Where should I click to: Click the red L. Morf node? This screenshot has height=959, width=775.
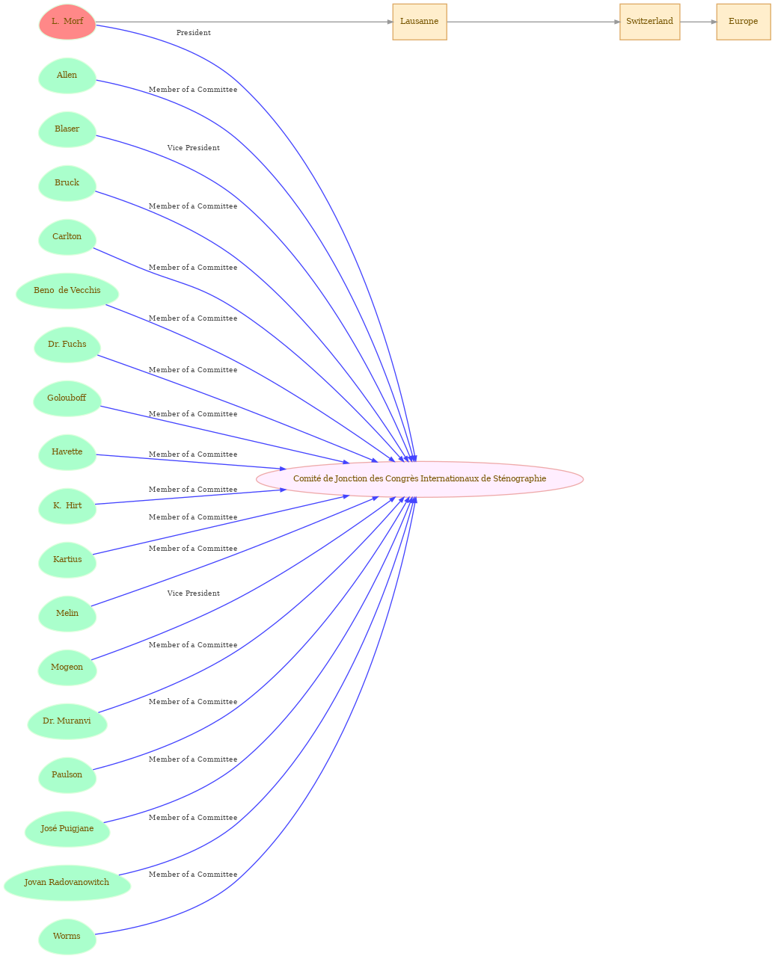(67, 22)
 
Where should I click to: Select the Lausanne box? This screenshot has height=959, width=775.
(420, 22)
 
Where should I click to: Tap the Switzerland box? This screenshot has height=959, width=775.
(649, 22)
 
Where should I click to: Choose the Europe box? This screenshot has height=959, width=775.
(744, 22)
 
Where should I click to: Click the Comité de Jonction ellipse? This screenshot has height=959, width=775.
(420, 479)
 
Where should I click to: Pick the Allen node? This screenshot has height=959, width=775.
(67, 75)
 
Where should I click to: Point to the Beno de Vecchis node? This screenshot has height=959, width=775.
(67, 291)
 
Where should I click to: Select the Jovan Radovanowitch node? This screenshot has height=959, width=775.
(67, 883)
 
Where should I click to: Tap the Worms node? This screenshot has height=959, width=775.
(67, 937)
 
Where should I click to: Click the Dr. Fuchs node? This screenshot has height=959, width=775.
(67, 345)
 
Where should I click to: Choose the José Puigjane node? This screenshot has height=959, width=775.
(67, 829)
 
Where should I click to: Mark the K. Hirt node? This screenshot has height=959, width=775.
(67, 506)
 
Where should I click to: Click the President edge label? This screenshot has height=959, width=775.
(193, 33)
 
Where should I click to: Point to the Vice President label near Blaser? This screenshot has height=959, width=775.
(193, 148)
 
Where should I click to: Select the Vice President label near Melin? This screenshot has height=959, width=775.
(193, 593)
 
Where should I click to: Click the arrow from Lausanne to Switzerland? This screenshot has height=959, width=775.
(533, 22)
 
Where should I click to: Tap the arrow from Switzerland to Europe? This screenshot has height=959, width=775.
(698, 22)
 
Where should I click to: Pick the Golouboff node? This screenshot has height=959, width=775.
(67, 398)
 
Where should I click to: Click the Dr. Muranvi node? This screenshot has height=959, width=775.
(67, 721)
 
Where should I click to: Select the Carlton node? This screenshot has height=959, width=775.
(67, 237)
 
